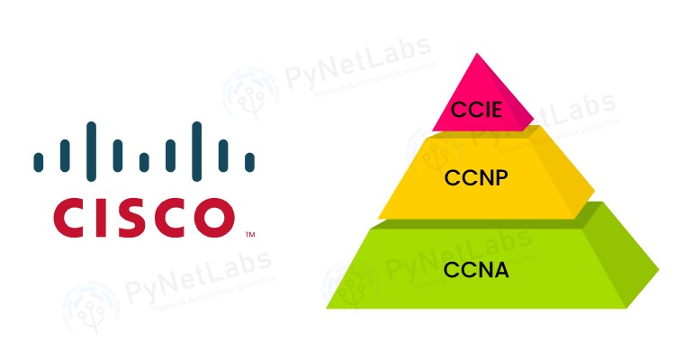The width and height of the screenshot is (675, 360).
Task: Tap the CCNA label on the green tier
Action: (x=478, y=268)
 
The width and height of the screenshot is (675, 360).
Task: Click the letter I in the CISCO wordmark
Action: (x=90, y=216)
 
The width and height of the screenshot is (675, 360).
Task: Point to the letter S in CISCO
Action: (x=121, y=216)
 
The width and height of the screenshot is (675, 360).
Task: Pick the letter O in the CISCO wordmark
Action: (x=208, y=216)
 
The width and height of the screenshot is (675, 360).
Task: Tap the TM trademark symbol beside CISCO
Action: (x=249, y=235)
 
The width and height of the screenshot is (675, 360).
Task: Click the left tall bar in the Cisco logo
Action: (x=92, y=147)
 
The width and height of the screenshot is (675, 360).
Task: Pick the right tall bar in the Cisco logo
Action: (x=197, y=147)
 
